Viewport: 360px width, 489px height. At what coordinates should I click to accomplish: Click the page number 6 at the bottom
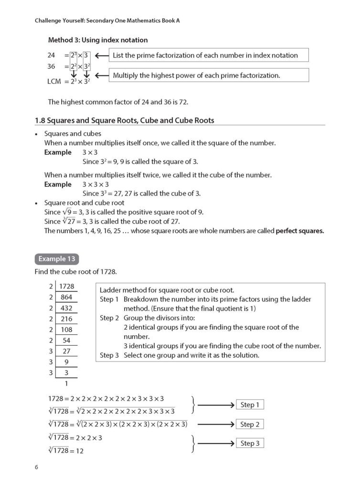(36, 467)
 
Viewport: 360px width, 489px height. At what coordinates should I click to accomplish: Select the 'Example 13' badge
(56, 259)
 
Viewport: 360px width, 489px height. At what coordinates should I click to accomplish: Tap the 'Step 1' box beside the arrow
(250, 405)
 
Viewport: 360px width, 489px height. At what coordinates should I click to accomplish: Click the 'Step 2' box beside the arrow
(250, 424)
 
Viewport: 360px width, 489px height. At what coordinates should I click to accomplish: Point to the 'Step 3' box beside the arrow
(250, 443)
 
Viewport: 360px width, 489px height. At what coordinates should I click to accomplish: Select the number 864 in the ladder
(66, 297)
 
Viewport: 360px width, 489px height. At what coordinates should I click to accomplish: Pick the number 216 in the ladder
(66, 319)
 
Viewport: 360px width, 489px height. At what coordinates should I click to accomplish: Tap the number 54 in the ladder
(66, 340)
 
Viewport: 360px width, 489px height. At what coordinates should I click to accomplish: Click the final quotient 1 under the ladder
(66, 383)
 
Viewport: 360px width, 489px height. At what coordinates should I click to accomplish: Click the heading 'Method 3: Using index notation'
(98, 40)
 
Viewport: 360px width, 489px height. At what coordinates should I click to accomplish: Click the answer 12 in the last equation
(79, 450)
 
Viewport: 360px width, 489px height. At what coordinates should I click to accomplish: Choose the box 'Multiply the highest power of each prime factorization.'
(209, 75)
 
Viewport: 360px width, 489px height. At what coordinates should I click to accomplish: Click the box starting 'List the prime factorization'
(209, 55)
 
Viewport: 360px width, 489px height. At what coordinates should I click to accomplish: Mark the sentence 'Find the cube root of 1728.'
(75, 272)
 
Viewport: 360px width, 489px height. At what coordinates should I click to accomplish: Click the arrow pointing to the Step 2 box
(216, 424)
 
